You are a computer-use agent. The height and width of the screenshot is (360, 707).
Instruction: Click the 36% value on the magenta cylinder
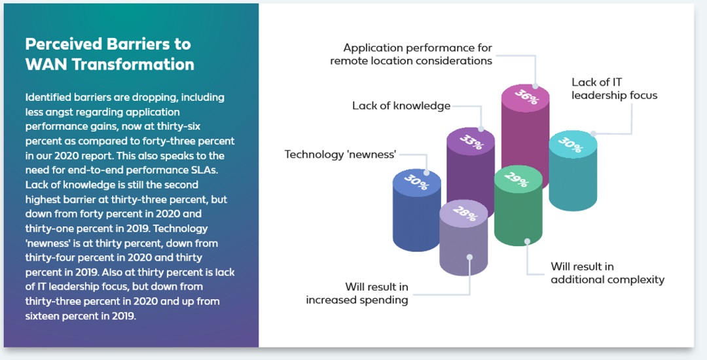(x=526, y=96)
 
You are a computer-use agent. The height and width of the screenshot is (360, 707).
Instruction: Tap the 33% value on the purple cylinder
(x=471, y=141)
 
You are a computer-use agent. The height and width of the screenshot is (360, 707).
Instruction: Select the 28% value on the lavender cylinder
(x=464, y=213)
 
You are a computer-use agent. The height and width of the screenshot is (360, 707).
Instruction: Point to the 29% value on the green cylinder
(x=517, y=179)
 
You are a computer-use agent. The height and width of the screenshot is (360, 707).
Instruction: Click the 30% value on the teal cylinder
(x=570, y=144)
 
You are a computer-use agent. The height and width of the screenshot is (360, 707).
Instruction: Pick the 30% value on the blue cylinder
(x=416, y=182)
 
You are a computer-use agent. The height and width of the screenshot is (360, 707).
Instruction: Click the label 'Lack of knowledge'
(x=401, y=106)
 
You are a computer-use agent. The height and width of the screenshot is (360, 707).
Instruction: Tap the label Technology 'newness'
(x=340, y=154)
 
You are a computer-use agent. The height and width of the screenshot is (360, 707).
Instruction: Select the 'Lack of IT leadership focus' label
(x=614, y=89)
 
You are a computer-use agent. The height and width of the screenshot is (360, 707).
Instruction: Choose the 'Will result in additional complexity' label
(x=607, y=273)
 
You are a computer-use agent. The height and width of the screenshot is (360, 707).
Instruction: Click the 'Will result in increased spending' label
(x=357, y=293)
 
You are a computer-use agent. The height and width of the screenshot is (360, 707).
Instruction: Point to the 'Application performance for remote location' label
(x=411, y=54)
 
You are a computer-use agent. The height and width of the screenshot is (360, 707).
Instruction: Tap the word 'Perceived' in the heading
(x=63, y=44)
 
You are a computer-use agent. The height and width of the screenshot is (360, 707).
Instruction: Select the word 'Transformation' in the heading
(x=133, y=64)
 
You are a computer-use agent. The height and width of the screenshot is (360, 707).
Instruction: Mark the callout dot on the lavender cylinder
(x=469, y=257)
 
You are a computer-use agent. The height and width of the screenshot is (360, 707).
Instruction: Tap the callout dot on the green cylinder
(x=526, y=242)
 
